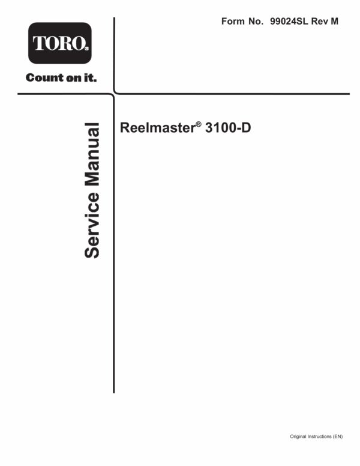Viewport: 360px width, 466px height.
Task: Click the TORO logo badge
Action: tap(60, 43)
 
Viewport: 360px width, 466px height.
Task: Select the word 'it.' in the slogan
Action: tap(90, 77)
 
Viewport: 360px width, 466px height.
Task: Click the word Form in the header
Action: tap(233, 22)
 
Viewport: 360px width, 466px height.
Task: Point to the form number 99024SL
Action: tap(289, 22)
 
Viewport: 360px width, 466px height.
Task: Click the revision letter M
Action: tap(334, 22)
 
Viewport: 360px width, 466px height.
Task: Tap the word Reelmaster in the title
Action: tap(157, 128)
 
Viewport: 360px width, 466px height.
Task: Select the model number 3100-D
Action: tap(228, 128)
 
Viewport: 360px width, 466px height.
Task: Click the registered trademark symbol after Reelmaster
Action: tap(199, 124)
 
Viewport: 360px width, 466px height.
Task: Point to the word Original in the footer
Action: tap(298, 437)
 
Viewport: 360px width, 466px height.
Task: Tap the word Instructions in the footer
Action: tap(319, 437)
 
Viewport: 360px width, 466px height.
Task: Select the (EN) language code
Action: tap(338, 437)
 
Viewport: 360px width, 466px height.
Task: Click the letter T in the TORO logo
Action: tap(38, 43)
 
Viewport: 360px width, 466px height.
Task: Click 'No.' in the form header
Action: tap(256, 22)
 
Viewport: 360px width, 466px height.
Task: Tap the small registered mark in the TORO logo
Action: tap(86, 49)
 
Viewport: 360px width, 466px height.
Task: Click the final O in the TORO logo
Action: tap(79, 43)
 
